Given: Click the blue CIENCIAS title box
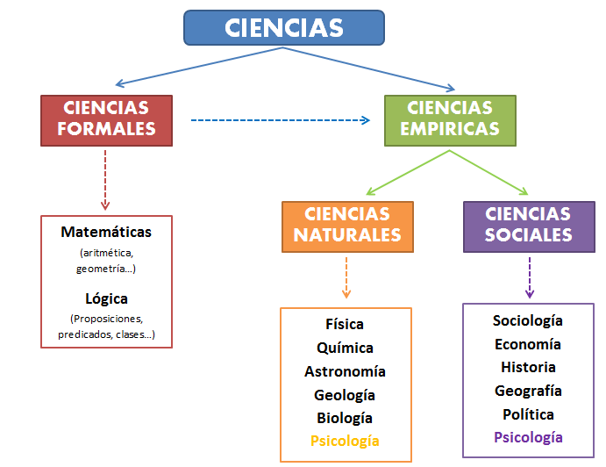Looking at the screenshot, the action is pyautogui.click(x=284, y=28).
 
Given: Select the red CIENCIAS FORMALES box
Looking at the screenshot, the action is pyautogui.click(x=107, y=120).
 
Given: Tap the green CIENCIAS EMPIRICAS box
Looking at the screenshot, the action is pyautogui.click(x=450, y=120).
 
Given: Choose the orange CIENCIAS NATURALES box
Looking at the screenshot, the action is pyautogui.click(x=348, y=226).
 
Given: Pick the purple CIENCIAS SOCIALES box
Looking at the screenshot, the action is pyautogui.click(x=529, y=226).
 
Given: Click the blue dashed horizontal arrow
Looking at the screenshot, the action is pyautogui.click(x=281, y=120).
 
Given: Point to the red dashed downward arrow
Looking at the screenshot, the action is pyautogui.click(x=105, y=180).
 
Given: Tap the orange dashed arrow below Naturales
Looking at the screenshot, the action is pyautogui.click(x=346, y=277).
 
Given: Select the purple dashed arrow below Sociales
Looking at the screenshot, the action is pyautogui.click(x=530, y=277).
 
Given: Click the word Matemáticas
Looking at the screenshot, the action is pyautogui.click(x=106, y=232).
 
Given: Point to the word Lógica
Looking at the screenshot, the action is pyautogui.click(x=106, y=299).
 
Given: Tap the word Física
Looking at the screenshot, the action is pyautogui.click(x=345, y=324).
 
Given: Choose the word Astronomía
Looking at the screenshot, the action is pyautogui.click(x=345, y=371).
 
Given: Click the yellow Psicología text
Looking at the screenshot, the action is pyautogui.click(x=345, y=441).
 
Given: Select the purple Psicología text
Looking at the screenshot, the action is pyautogui.click(x=528, y=438).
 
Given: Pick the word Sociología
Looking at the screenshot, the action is pyautogui.click(x=528, y=320).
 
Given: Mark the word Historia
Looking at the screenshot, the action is pyautogui.click(x=528, y=367).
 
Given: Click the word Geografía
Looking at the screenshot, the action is pyautogui.click(x=528, y=391).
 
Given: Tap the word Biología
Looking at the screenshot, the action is pyautogui.click(x=345, y=418).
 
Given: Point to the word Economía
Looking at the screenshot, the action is pyautogui.click(x=528, y=344).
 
